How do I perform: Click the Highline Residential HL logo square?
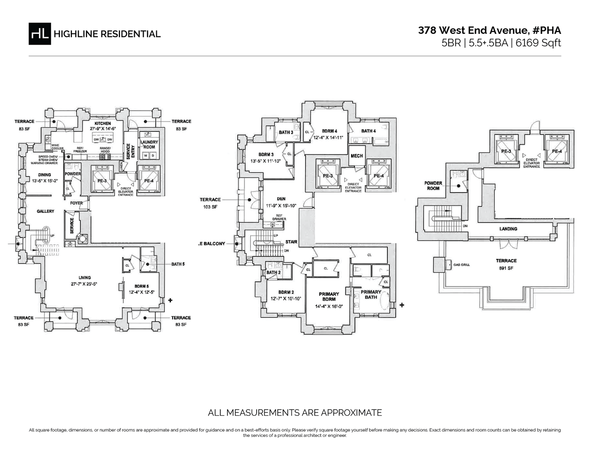tap(40, 33)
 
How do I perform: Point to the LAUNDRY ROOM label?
tap(148, 144)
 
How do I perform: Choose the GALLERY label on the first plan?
tap(45, 211)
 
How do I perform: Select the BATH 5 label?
tap(177, 264)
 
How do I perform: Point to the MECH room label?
tap(356, 156)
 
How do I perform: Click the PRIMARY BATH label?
tap(371, 295)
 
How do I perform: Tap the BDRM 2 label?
tap(278, 292)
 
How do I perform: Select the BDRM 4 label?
tap(329, 131)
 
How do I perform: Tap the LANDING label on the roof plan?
tap(508, 229)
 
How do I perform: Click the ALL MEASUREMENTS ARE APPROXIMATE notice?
tap(295, 412)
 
